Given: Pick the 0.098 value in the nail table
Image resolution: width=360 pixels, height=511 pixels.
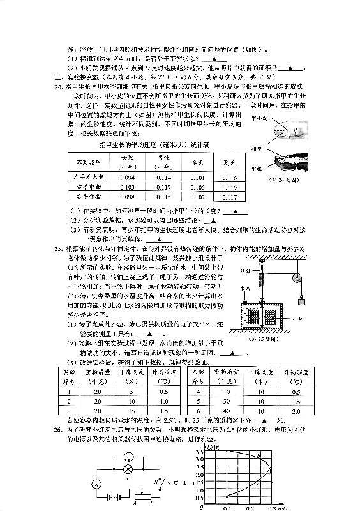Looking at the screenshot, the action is pyautogui.click(x=127, y=199).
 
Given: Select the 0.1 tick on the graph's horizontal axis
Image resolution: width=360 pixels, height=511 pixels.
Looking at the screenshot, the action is pyautogui.click(x=227, y=509).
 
